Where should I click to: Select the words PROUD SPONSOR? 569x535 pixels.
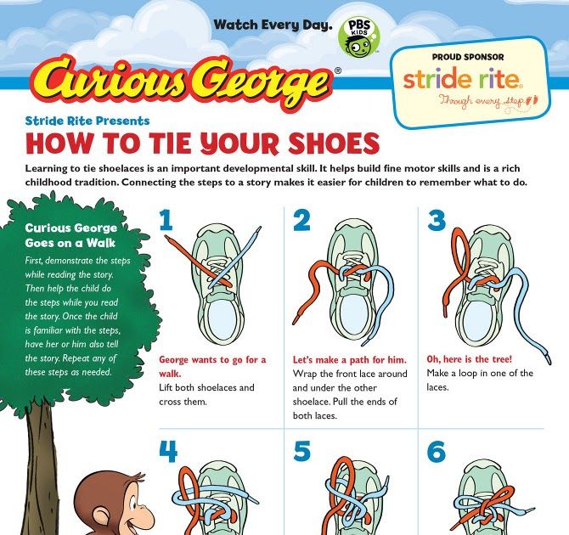(x=468, y=57)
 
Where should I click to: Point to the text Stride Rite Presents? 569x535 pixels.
(x=87, y=121)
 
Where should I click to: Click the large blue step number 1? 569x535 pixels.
(x=166, y=221)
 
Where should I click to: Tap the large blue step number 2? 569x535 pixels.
(x=301, y=221)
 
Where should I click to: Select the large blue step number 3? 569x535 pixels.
(x=437, y=221)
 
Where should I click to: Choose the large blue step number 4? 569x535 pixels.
(x=168, y=453)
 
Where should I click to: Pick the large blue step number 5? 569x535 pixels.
(x=302, y=453)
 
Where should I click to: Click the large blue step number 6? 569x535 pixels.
(x=437, y=453)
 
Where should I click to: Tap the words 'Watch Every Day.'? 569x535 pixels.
(x=272, y=25)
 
